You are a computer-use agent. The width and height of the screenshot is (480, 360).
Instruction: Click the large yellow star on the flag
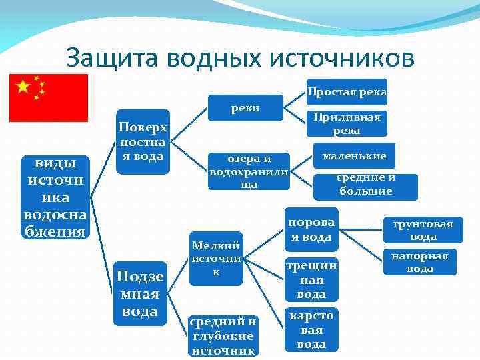pos(23,86)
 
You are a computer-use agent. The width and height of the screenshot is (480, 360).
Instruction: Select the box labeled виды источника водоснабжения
pos(55,197)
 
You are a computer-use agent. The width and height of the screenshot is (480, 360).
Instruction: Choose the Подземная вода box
pos(139,293)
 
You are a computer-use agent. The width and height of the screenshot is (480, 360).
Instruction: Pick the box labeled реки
pos(245,108)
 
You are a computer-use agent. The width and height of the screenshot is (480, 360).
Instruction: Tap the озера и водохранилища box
pos(249,170)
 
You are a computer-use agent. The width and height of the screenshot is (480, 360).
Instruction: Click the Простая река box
pos(347,91)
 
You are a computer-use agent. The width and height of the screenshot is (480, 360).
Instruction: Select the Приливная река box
pos(347,123)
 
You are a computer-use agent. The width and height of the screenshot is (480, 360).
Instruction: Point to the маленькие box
pos(355,157)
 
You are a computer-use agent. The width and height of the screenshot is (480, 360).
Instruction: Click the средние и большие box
pos(365,186)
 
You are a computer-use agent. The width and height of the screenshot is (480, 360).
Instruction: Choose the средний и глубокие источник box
pos(223,335)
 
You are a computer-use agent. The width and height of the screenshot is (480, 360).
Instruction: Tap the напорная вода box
pos(420,262)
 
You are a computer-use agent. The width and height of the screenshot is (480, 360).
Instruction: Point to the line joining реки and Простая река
pos(294,99)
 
